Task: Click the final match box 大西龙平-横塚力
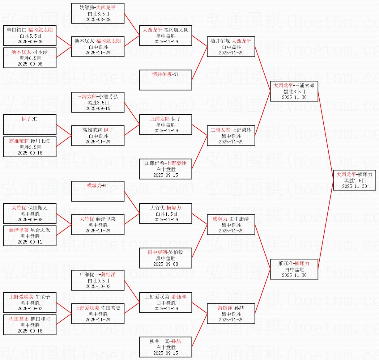(355, 180)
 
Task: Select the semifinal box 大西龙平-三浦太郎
(294, 91)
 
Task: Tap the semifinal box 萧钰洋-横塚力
(294, 269)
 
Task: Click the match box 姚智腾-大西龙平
(98, 13)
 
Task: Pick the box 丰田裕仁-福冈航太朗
(30, 36)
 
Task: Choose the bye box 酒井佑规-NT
(165, 80)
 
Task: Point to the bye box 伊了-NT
(30, 125)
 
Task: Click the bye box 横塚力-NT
(98, 191)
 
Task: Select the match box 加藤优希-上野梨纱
(165, 169)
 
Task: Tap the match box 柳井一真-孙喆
(165, 347)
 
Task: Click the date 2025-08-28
(98, 19)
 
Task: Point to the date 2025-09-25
(30, 41)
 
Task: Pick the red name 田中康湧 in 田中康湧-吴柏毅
(157, 252)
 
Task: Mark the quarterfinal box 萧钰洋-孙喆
(231, 314)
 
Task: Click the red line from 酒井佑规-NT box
(199, 63)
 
